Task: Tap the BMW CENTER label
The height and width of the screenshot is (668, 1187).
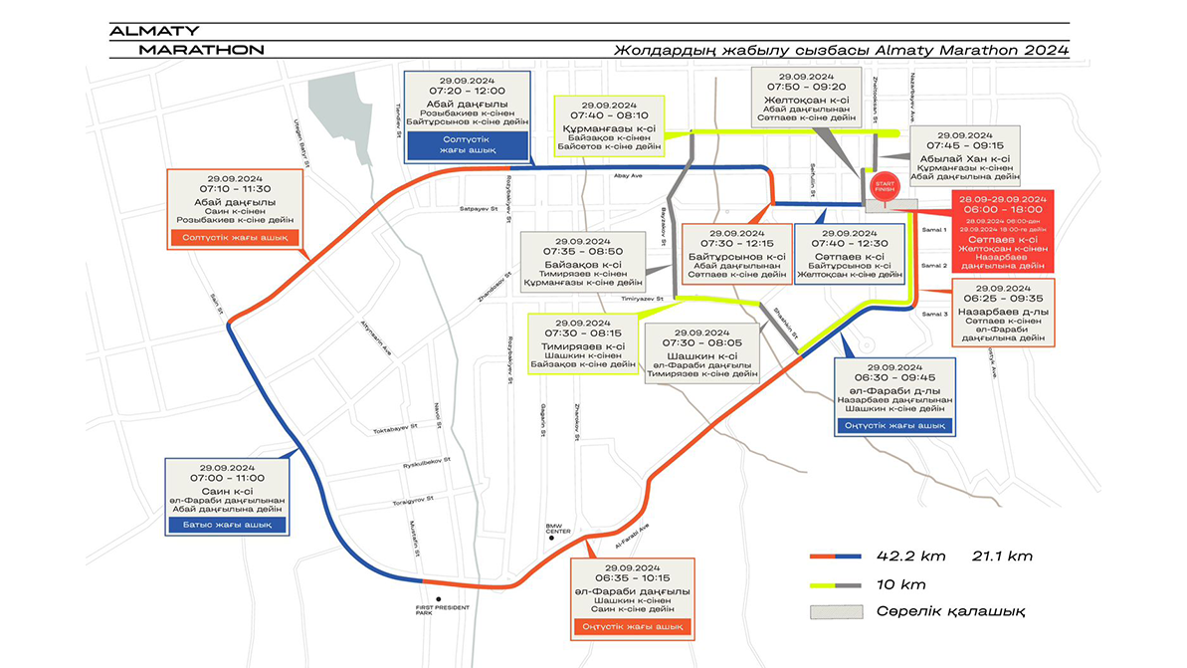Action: tap(558, 531)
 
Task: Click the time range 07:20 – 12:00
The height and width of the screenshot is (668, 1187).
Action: tap(467, 91)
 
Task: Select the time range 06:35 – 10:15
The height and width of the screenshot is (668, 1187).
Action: tap(632, 577)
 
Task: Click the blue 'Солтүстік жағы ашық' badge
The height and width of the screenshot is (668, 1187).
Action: tap(467, 146)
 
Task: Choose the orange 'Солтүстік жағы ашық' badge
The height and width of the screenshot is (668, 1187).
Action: tap(236, 237)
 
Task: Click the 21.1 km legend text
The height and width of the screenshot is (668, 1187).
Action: tap(1005, 556)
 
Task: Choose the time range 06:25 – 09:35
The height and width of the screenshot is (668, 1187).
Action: tap(1001, 297)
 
